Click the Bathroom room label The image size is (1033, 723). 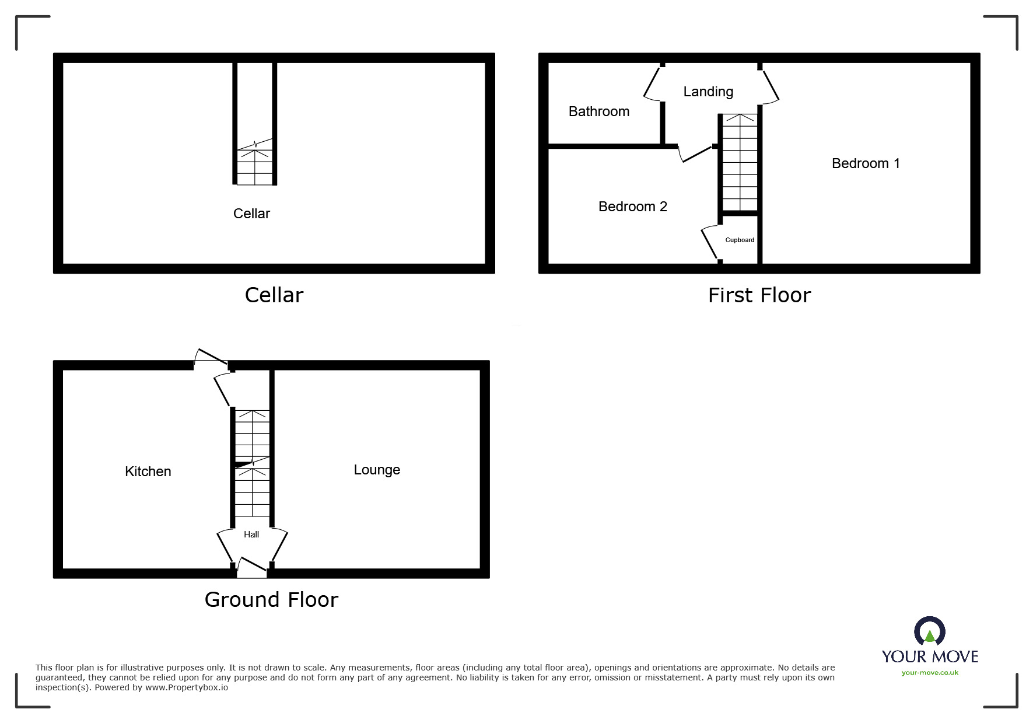tap(599, 111)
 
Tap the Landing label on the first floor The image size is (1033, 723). tap(708, 92)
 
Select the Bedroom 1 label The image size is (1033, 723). tap(866, 163)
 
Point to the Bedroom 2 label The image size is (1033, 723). tap(633, 207)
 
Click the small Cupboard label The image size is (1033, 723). tap(740, 240)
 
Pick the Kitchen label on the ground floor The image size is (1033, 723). tap(148, 471)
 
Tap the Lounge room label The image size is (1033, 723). tap(377, 470)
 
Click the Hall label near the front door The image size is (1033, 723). tap(251, 535)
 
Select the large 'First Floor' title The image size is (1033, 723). tap(759, 295)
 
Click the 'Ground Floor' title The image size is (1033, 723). tap(271, 600)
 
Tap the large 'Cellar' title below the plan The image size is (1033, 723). tap(274, 295)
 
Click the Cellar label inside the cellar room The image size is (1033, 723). tap(251, 214)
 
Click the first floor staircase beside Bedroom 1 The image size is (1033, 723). tap(740, 162)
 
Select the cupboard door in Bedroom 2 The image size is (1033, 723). tap(709, 242)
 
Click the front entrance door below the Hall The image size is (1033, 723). tap(252, 567)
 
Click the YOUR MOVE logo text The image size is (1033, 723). tap(930, 656)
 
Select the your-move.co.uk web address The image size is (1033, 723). tap(930, 673)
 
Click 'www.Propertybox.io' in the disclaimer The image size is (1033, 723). tap(187, 687)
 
